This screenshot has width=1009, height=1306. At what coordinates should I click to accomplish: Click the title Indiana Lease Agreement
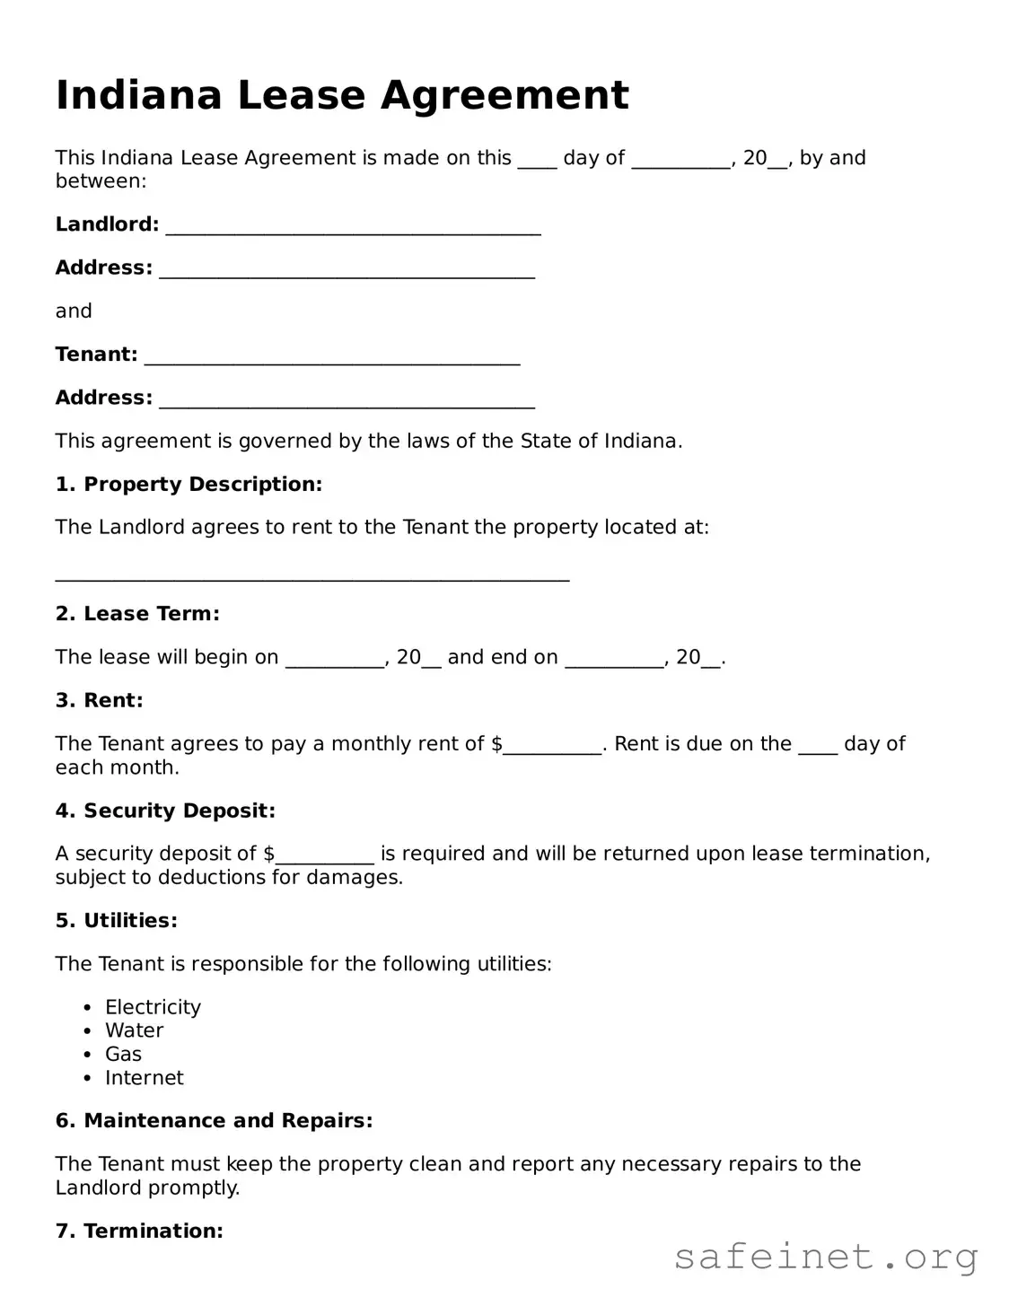click(342, 95)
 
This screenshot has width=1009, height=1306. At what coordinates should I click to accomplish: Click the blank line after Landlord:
click(353, 226)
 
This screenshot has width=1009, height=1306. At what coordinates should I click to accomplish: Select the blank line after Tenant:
click(332, 356)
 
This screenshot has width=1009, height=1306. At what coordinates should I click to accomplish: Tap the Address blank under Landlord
click(347, 269)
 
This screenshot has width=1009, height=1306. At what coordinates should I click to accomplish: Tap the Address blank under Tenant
click(347, 399)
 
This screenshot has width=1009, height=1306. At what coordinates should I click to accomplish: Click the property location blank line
click(312, 574)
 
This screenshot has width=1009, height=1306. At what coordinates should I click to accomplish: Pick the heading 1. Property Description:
click(189, 485)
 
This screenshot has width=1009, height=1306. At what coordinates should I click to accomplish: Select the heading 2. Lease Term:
click(137, 614)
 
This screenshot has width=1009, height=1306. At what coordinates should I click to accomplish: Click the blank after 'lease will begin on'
click(335, 660)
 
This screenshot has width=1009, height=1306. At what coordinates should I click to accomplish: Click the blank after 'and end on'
click(614, 660)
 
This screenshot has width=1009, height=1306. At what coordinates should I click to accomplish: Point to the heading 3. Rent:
click(99, 700)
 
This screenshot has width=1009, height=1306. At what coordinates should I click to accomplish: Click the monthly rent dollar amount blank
click(552, 746)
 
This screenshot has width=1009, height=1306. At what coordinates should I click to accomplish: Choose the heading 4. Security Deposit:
click(165, 811)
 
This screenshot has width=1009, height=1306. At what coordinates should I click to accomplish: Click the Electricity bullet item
click(153, 1007)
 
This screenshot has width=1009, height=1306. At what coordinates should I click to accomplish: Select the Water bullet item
click(134, 1030)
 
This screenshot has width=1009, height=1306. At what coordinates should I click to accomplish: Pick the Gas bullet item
click(123, 1054)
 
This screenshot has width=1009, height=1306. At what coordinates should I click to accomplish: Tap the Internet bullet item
click(144, 1078)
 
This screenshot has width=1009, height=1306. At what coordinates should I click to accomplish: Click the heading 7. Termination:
click(139, 1231)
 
